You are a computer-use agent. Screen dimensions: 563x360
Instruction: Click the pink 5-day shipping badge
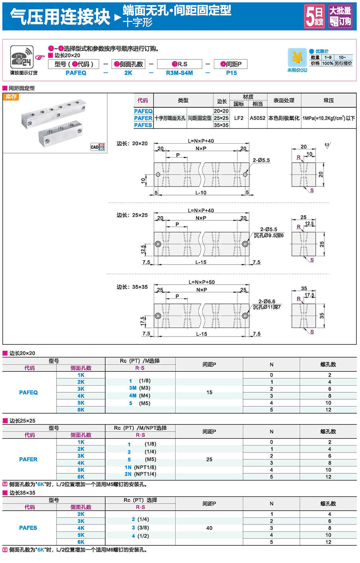(314, 16)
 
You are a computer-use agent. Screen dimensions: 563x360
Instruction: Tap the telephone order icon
(22, 57)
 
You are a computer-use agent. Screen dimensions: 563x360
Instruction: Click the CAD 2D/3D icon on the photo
(97, 147)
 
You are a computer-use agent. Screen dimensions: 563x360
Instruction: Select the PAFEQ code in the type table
(143, 111)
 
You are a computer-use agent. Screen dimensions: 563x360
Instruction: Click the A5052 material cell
(257, 118)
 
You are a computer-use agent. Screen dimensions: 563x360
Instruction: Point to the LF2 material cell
(239, 118)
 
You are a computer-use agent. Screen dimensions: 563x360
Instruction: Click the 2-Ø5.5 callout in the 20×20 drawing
(261, 160)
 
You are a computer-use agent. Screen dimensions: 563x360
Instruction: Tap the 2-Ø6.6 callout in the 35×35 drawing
(267, 301)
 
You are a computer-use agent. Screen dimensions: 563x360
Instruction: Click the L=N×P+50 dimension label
(201, 282)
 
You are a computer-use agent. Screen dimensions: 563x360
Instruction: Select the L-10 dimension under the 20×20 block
(201, 193)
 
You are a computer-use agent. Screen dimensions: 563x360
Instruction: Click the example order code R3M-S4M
(179, 73)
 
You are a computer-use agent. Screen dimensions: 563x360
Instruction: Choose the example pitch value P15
(231, 73)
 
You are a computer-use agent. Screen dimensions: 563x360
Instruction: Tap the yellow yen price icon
(297, 58)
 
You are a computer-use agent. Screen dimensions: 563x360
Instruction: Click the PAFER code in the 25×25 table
(28, 459)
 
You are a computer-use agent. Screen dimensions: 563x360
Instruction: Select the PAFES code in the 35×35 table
(28, 528)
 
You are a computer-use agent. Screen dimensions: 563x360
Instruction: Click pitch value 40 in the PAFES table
(209, 528)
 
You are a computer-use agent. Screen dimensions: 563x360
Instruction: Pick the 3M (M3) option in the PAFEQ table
(140, 388)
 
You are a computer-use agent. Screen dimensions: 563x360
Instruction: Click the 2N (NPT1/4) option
(140, 474)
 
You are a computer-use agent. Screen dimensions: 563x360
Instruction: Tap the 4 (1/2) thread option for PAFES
(140, 536)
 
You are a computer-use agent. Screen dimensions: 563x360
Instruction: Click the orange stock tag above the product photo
(11, 97)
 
